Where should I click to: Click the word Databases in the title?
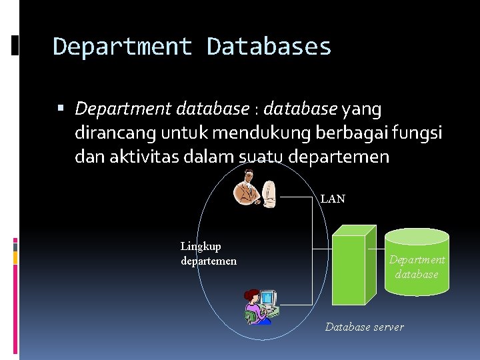pyautogui.click(x=269, y=47)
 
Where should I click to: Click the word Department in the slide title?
pyautogui.click(x=123, y=47)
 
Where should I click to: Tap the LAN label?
pyautogui.click(x=333, y=199)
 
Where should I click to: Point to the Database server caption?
pyautogui.click(x=364, y=327)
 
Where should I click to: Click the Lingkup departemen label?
pyautogui.click(x=208, y=254)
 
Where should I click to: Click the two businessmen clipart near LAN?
pyautogui.click(x=255, y=189)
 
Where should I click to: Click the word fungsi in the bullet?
pyautogui.click(x=421, y=133)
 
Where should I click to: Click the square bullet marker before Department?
pyautogui.click(x=61, y=108)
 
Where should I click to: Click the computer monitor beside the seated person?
pyautogui.click(x=267, y=298)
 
